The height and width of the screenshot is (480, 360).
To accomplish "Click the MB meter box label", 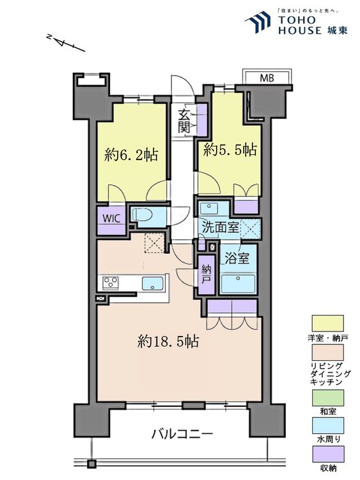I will click(x=267, y=79).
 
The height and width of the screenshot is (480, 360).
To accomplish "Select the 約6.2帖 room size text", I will click(x=131, y=155).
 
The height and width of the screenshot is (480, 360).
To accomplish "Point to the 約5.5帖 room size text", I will click(x=230, y=150).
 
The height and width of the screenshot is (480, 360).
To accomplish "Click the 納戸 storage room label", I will click(x=206, y=274).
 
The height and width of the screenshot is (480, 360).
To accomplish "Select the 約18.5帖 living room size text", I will click(x=168, y=342).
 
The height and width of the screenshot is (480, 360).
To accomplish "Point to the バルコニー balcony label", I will click(x=182, y=435).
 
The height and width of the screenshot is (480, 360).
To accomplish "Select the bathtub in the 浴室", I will click(x=239, y=281).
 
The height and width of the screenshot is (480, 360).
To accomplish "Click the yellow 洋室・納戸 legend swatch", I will click(x=327, y=323).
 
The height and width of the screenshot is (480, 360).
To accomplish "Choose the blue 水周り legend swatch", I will click(x=327, y=426).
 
